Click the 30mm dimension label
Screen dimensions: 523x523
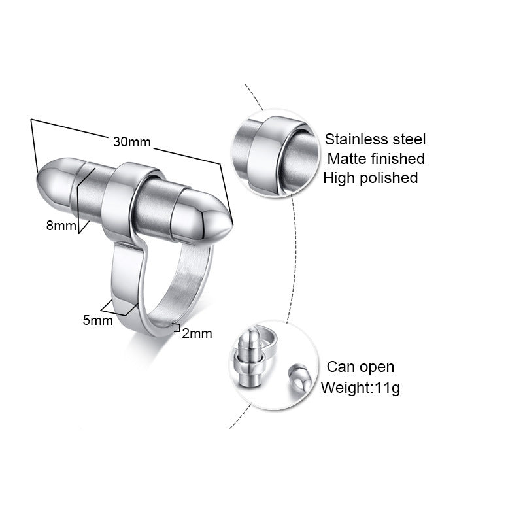click(x=132, y=142)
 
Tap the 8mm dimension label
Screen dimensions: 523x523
click(x=59, y=226)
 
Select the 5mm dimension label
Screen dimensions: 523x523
click(x=97, y=321)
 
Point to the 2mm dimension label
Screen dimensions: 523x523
click(x=197, y=333)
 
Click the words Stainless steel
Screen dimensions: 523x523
click(x=375, y=139)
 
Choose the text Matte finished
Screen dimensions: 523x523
click(x=376, y=158)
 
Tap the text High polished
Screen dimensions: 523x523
click(x=371, y=177)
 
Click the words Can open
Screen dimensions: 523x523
click(x=361, y=367)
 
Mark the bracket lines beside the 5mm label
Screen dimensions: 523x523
click(x=118, y=307)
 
